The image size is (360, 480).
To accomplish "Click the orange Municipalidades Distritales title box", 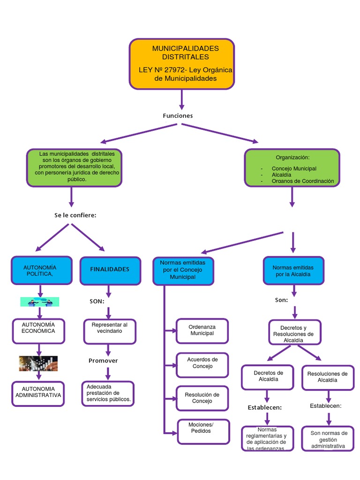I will click(x=181, y=64).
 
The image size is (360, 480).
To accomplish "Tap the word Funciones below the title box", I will click(x=178, y=116).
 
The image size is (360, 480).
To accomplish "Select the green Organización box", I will click(x=292, y=168).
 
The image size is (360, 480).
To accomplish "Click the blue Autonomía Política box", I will click(x=42, y=270).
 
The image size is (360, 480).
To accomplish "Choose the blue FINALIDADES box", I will click(x=110, y=270).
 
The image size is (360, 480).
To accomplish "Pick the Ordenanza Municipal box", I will click(x=202, y=330).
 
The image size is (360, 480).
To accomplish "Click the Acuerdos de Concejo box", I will click(x=202, y=363).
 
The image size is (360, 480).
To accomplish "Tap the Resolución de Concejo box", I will click(x=202, y=398).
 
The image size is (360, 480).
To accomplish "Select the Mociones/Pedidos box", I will click(x=203, y=431).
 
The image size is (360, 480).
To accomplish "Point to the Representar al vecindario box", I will click(x=110, y=331).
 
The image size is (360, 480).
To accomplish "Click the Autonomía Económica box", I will click(x=38, y=330).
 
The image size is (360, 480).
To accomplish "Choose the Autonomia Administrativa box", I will click(x=38, y=393).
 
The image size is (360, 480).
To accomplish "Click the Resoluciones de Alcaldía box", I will click(x=328, y=377).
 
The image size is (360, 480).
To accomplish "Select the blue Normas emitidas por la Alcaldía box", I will click(x=293, y=270).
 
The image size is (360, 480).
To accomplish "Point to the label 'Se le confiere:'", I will click(x=75, y=215).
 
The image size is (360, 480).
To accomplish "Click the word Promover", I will click(x=103, y=360).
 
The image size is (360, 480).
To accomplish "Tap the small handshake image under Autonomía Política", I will click(x=40, y=301).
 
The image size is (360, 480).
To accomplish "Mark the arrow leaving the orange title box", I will click(x=181, y=99).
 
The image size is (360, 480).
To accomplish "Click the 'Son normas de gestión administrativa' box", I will click(x=328, y=439).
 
